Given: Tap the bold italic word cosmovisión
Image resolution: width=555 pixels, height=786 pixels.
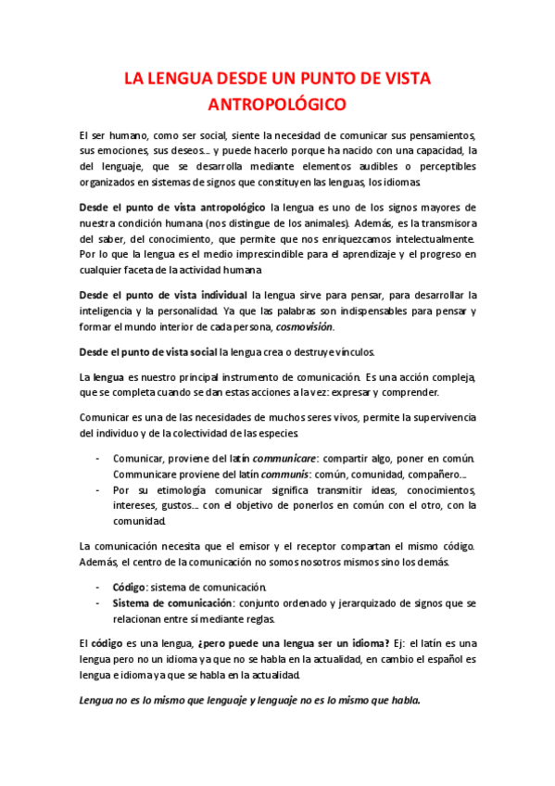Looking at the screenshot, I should [305, 327].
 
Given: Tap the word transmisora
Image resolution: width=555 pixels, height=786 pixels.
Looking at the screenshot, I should [446, 222].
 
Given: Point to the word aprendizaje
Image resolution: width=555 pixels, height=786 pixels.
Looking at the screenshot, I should [372, 254].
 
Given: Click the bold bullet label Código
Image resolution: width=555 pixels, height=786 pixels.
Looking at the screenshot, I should [129, 587].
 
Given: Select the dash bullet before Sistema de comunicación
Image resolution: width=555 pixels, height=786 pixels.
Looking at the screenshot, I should [99, 603].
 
